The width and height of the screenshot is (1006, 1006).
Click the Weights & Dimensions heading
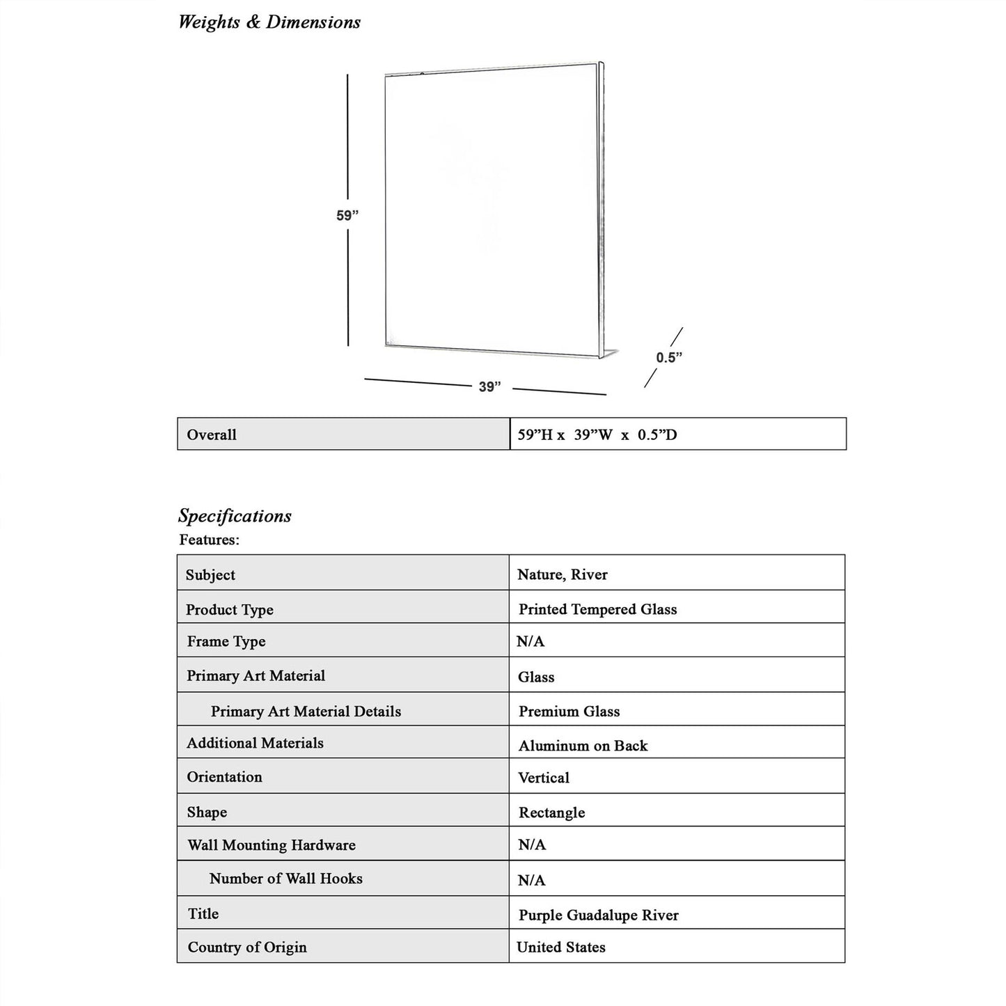point(269,22)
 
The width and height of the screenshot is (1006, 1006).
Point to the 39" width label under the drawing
point(489,386)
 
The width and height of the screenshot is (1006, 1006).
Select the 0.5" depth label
point(668,357)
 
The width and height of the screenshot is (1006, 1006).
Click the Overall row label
point(212,435)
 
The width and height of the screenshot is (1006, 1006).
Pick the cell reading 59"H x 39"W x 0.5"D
point(597,435)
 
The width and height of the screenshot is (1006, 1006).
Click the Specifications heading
point(235,516)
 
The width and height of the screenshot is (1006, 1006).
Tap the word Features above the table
point(209,540)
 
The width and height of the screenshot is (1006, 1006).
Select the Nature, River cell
point(562,574)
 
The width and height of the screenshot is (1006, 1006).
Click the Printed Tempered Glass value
point(597,609)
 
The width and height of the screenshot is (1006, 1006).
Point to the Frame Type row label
point(226,641)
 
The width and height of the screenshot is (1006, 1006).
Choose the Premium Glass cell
point(569,712)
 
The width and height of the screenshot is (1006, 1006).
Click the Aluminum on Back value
point(583,746)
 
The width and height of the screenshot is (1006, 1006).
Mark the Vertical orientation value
point(544,778)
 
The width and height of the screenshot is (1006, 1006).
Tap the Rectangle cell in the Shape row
point(551,812)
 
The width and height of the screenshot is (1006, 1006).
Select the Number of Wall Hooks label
point(285,879)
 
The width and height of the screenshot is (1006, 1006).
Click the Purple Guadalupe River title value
point(598,915)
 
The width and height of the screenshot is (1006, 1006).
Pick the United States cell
point(561,947)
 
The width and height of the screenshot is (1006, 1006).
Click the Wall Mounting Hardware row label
point(272,845)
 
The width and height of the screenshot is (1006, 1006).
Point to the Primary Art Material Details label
point(306,712)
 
